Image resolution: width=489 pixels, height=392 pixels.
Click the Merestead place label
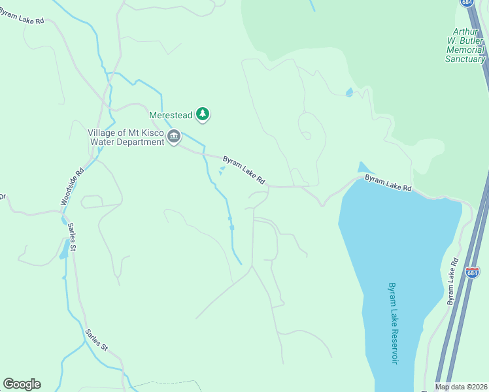coord(171,115)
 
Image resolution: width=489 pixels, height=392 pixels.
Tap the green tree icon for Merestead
coord(203,114)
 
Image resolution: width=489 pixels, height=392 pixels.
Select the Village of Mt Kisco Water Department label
coord(126,137)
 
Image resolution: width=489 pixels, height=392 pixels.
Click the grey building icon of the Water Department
coord(173,137)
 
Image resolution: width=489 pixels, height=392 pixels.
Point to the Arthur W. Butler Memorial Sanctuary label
coord(465,45)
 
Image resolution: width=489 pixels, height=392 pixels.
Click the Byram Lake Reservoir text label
coord(392,323)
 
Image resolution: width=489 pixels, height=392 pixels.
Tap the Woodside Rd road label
coord(73,188)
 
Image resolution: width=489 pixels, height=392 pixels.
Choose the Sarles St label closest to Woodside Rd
coord(73,237)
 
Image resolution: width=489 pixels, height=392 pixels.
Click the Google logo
coord(22,384)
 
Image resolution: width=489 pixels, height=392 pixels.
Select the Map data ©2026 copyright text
coord(461,387)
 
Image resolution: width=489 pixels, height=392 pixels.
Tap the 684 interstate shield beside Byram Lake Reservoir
coord(473,272)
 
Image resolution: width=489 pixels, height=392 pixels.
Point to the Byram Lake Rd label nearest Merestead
coord(243,169)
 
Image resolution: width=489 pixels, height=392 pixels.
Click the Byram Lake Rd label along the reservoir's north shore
coord(388,182)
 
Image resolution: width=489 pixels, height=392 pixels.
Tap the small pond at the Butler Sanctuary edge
coord(349,92)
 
